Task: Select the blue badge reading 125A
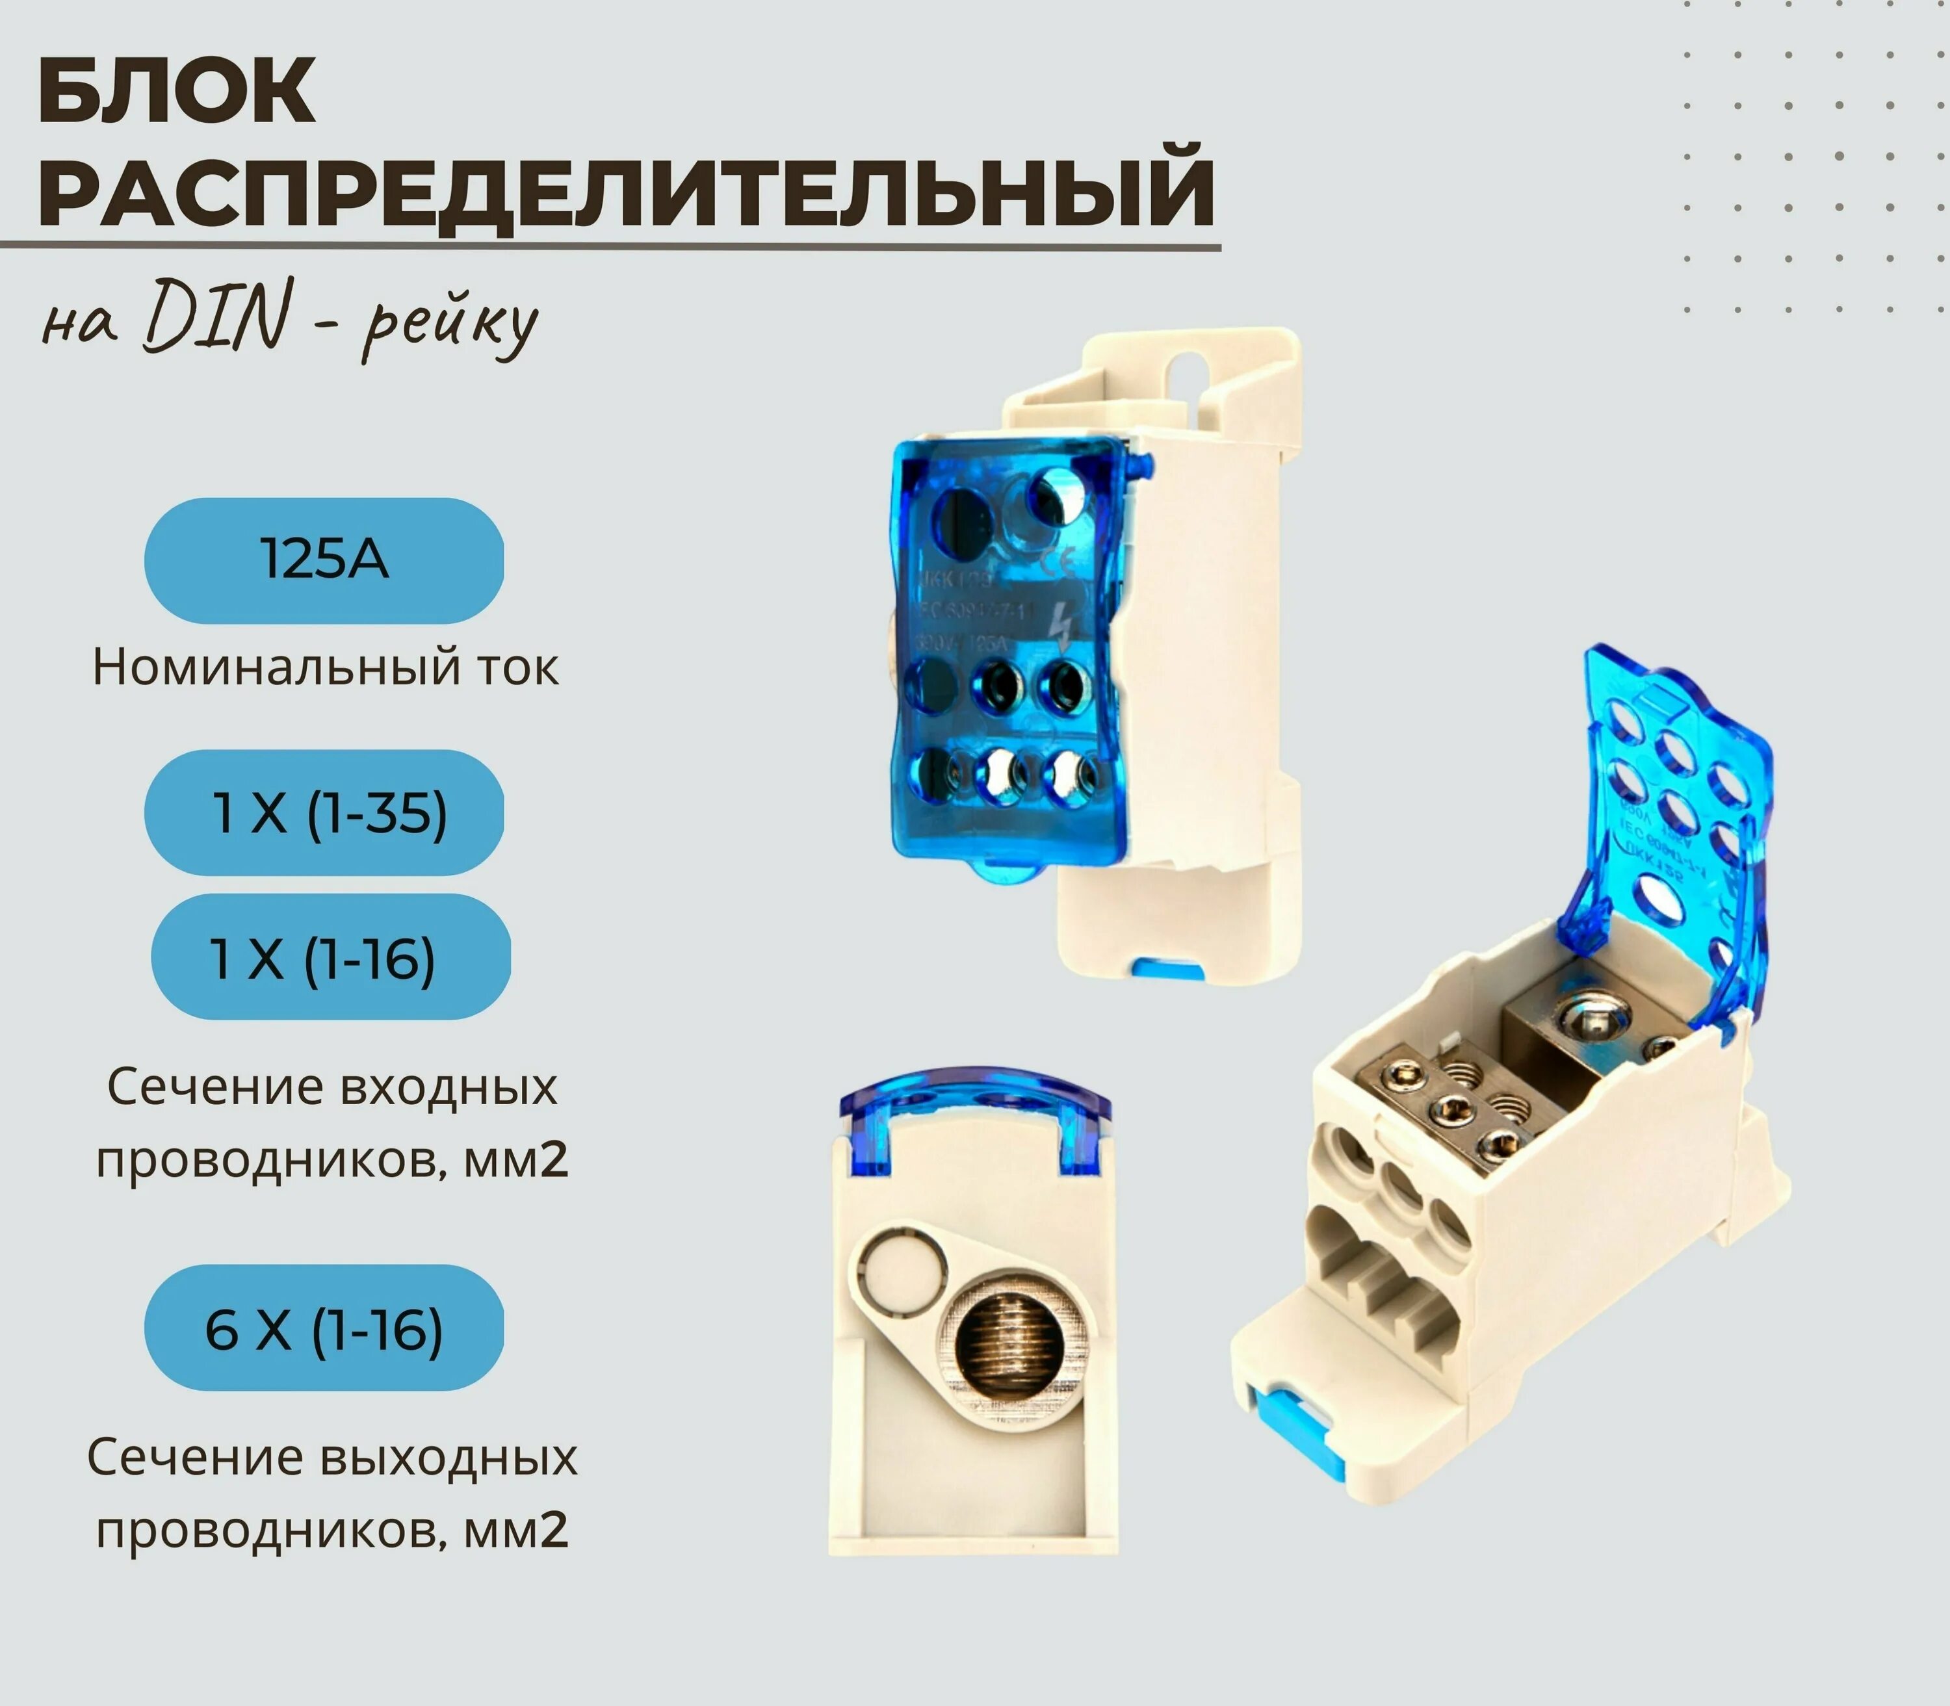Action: pyautogui.click(x=324, y=560)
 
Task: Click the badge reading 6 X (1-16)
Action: pyautogui.click(x=324, y=1329)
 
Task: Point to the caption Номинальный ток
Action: pyautogui.click(x=325, y=667)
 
